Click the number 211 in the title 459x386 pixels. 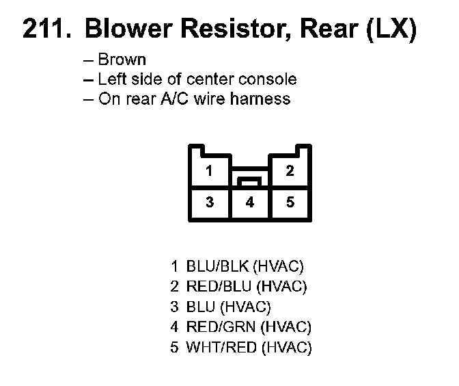[47, 29]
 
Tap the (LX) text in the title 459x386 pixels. [391, 29]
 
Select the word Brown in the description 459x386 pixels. [122, 60]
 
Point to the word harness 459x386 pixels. [260, 99]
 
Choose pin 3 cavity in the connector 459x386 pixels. [210, 203]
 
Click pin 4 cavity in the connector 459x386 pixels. [250, 203]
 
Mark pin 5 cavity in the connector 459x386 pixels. [290, 203]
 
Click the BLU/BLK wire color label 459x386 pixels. [217, 266]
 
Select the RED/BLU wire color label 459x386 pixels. [219, 286]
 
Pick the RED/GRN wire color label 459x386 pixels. [221, 326]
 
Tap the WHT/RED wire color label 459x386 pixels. [221, 347]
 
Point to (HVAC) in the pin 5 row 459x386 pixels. [287, 348]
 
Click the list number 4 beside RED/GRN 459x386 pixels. [174, 326]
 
